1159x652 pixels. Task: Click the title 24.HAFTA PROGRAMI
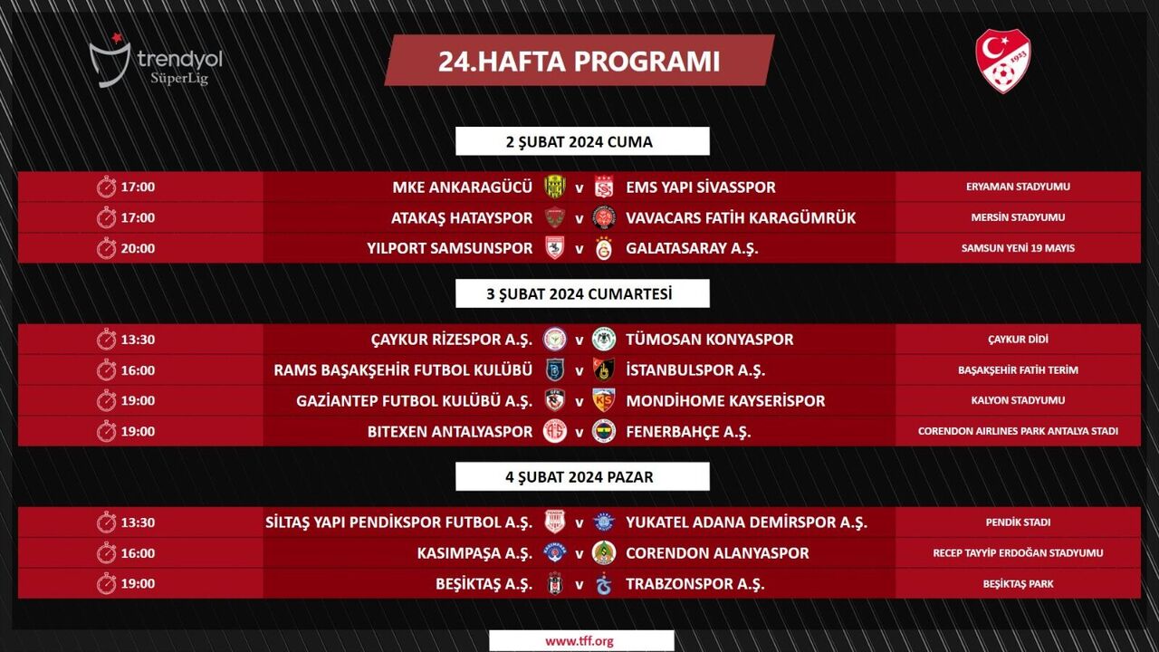pyautogui.click(x=579, y=61)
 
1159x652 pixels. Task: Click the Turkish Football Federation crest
pyautogui.click(x=1002, y=61)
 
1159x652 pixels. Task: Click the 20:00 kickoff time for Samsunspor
pyautogui.click(x=138, y=248)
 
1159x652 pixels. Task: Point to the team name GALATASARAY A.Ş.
pyautogui.click(x=692, y=248)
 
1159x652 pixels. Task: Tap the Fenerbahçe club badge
pyautogui.click(x=604, y=431)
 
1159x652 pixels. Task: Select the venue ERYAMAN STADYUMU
pyautogui.click(x=1018, y=187)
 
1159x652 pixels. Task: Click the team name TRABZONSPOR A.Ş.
pyautogui.click(x=695, y=584)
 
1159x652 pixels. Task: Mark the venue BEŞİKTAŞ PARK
pyautogui.click(x=1018, y=584)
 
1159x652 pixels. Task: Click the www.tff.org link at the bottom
pyautogui.click(x=579, y=640)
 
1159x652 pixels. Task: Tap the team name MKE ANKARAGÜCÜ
pyautogui.click(x=462, y=187)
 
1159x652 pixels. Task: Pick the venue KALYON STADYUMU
pyautogui.click(x=1018, y=400)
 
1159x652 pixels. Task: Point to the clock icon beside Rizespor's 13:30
pyautogui.click(x=107, y=340)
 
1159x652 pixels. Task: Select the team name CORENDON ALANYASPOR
pyautogui.click(x=717, y=553)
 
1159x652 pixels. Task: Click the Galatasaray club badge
pyautogui.click(x=604, y=248)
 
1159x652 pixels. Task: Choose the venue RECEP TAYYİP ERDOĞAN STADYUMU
pyautogui.click(x=1018, y=553)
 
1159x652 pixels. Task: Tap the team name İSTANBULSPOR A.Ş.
pyautogui.click(x=695, y=370)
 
